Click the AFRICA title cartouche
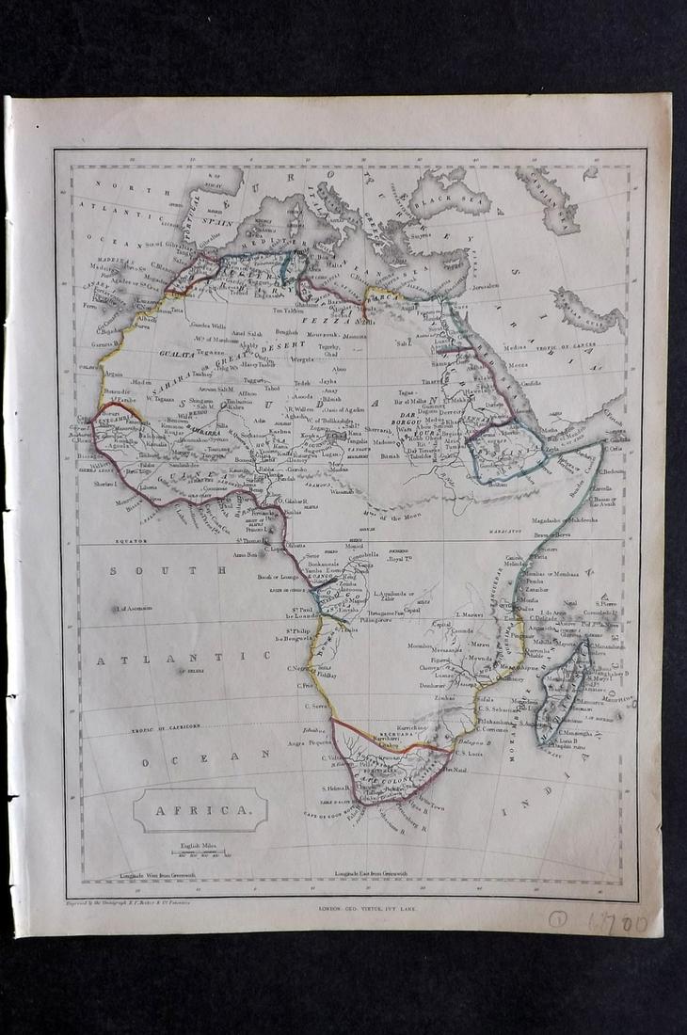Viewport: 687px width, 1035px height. pyautogui.click(x=200, y=808)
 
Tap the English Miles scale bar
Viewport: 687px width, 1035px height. pyautogui.click(x=198, y=853)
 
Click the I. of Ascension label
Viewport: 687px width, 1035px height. pyautogui.click(x=134, y=609)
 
